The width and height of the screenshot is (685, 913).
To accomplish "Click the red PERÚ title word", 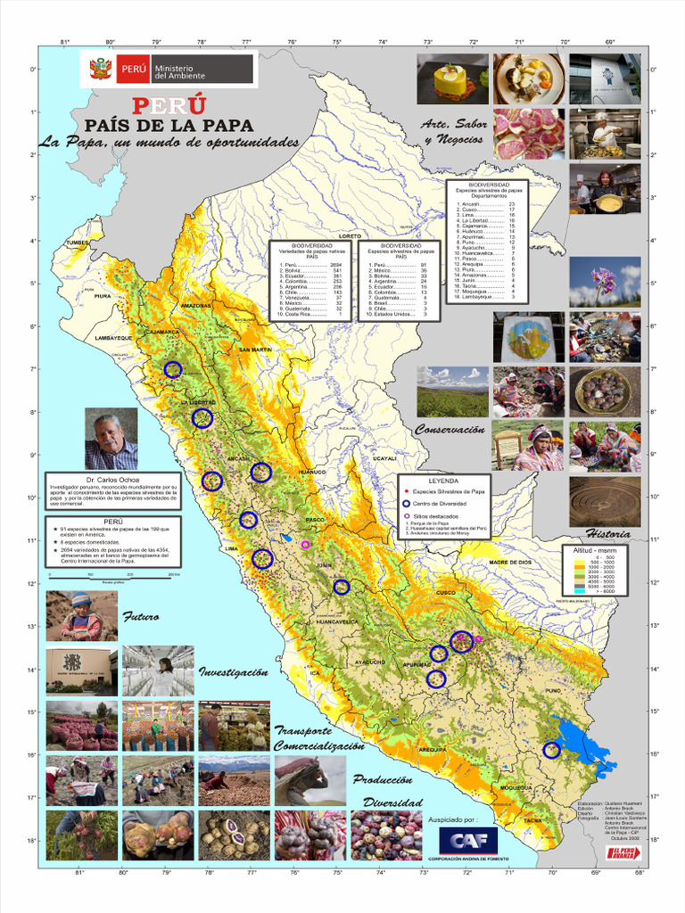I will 169,105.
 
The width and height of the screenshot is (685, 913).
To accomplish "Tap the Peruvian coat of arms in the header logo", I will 101,69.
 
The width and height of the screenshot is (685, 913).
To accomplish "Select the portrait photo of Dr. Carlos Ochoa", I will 111,439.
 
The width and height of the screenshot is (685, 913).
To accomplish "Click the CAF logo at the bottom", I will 468,841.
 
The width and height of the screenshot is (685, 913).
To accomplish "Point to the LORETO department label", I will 350,236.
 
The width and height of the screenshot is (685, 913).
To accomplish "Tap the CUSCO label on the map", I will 446,592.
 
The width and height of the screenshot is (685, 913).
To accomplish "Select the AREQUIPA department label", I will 432,750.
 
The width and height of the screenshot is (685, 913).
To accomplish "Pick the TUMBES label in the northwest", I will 78,243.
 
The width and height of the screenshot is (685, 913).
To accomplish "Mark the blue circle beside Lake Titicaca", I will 551,750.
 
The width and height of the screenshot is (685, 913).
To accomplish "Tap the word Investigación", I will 233,672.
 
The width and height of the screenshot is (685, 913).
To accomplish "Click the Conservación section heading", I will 450,430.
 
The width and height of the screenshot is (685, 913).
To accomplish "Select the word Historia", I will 608,534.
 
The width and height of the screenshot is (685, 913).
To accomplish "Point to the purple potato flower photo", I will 605,282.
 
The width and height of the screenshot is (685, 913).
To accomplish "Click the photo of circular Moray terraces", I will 605,501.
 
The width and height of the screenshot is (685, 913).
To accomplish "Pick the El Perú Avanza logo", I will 625,853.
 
